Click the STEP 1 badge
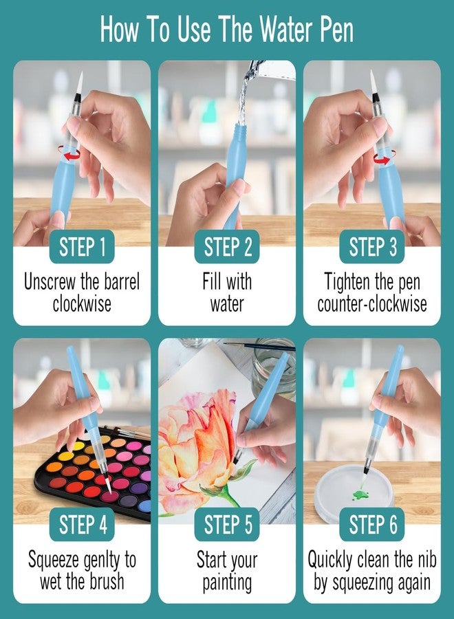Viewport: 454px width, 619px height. (82, 247)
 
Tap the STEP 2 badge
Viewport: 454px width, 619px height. (227, 247)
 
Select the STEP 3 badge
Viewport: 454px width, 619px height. (372, 247)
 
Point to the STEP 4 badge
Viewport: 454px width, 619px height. (82, 525)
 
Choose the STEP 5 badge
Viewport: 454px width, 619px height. (227, 525)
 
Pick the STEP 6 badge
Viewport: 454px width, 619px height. (372, 525)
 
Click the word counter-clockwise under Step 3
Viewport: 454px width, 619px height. (372, 303)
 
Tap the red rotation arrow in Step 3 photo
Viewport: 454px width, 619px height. (380, 159)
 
